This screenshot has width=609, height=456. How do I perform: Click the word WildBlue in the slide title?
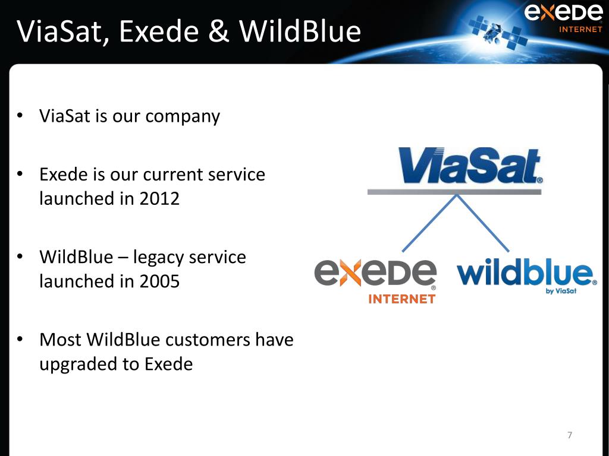(x=300, y=31)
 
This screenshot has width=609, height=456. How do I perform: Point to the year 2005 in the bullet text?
(x=159, y=281)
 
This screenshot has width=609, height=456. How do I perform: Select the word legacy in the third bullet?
(x=158, y=258)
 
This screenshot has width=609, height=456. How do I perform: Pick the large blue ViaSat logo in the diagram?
(x=470, y=166)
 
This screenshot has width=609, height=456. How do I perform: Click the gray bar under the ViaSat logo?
(x=454, y=192)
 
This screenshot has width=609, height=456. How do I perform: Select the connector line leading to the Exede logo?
(x=429, y=223)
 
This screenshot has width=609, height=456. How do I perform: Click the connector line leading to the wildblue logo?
(x=483, y=223)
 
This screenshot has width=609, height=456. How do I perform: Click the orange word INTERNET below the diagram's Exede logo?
(x=402, y=299)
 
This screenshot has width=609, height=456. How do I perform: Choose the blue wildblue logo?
(x=527, y=275)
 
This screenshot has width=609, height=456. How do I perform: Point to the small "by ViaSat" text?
(x=561, y=291)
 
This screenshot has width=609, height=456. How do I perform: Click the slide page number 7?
(x=570, y=435)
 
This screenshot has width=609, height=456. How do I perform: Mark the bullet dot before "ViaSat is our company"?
(x=20, y=116)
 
